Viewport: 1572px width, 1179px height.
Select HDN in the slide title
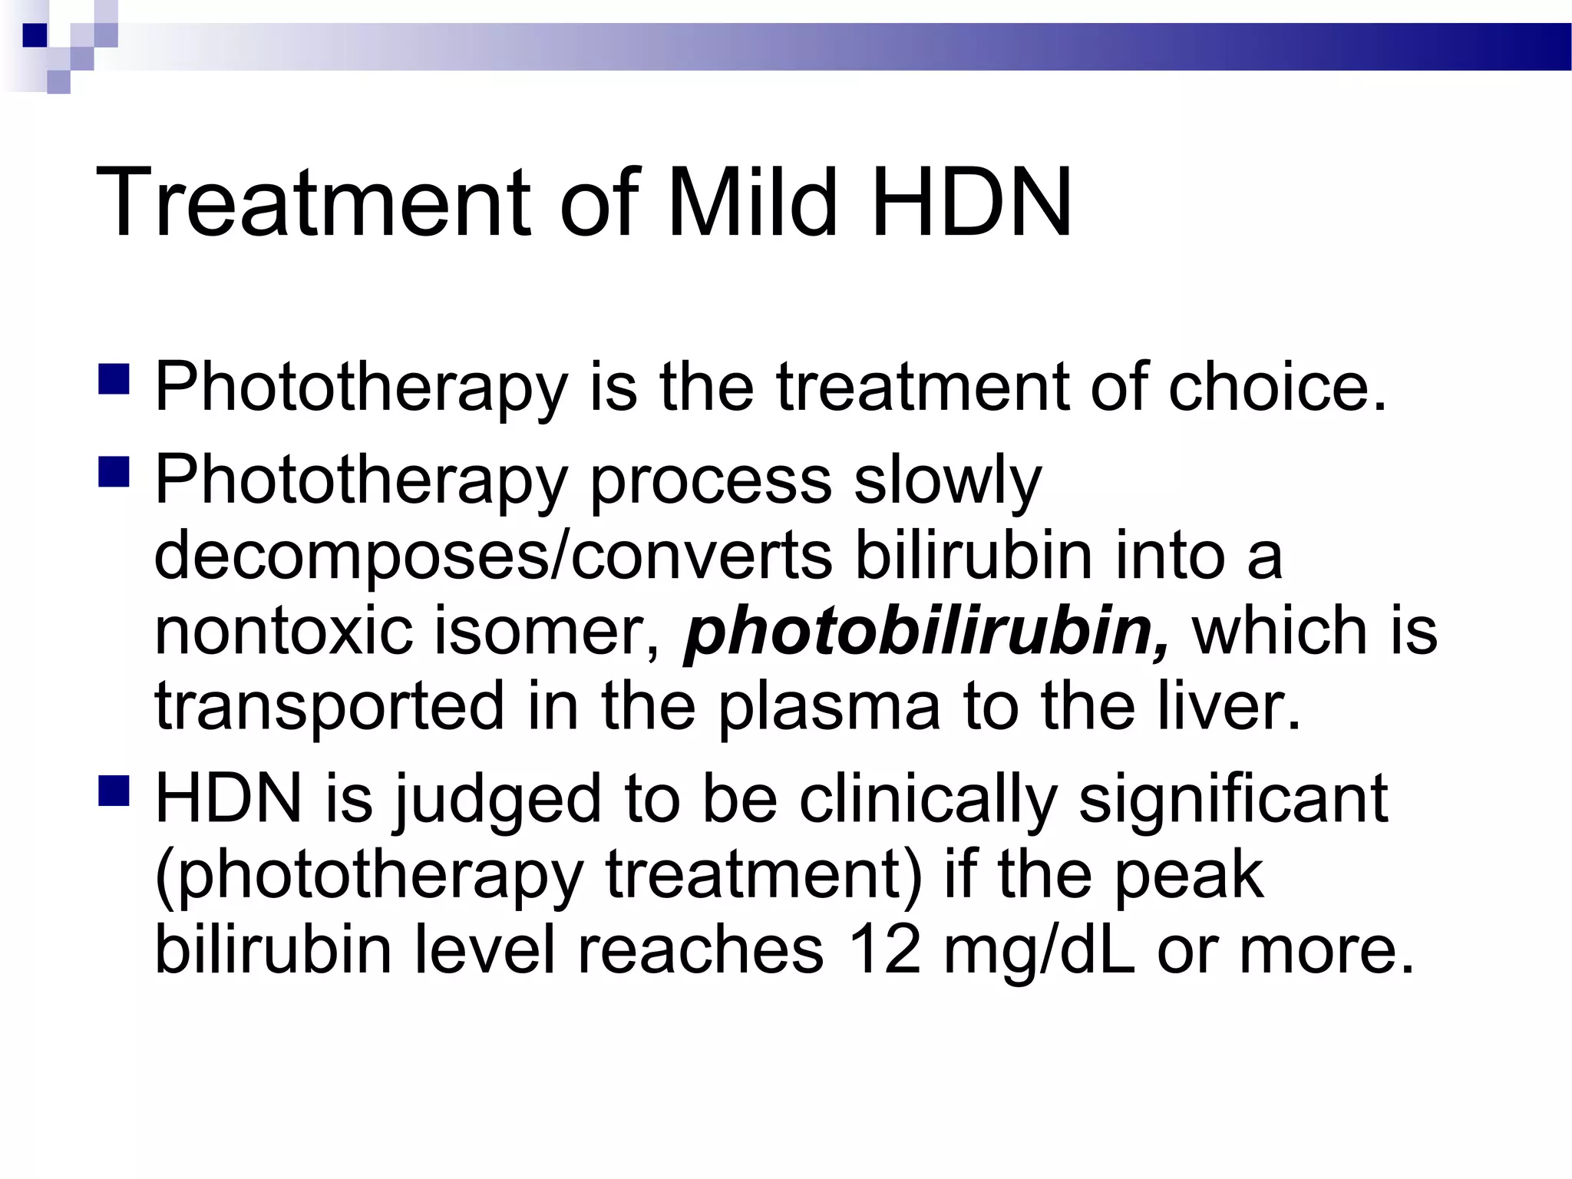(972, 203)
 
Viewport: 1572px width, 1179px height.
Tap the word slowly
(947, 481)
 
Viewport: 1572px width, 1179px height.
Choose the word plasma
(829, 706)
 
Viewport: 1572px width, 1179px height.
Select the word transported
(330, 706)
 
